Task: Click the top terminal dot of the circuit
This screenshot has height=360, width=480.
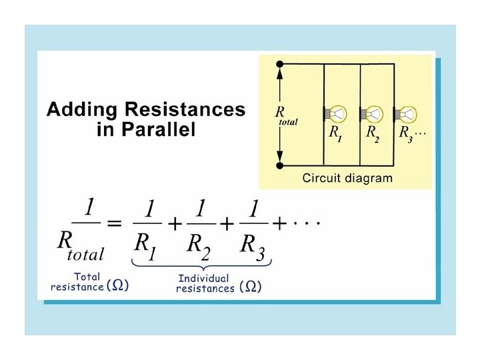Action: click(281, 65)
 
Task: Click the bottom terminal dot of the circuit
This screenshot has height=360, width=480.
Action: click(281, 165)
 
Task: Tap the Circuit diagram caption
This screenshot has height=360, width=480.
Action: click(347, 178)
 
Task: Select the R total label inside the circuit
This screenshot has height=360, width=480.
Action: click(285, 117)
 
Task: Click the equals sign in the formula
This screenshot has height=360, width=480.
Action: click(114, 225)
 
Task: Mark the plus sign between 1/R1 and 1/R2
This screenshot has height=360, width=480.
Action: click(173, 225)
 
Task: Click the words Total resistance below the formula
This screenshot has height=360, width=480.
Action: click(77, 281)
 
